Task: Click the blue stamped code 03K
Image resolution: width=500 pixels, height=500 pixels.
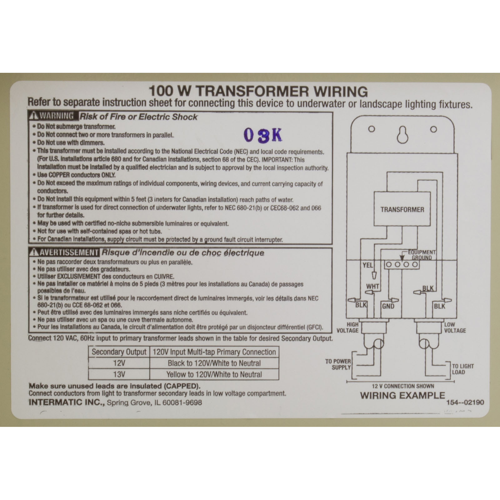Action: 262,135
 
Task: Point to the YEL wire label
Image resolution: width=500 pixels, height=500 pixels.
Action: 368,265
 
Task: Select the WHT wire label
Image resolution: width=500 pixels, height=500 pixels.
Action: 373,286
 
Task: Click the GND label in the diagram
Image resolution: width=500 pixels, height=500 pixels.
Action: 388,306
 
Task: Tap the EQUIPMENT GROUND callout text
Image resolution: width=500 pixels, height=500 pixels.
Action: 422,255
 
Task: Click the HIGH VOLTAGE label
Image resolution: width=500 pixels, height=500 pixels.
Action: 347,327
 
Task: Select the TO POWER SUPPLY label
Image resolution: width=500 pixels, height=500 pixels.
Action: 338,364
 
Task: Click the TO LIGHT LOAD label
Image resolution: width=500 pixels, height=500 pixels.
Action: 463,369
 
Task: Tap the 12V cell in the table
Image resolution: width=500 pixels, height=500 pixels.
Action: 119,363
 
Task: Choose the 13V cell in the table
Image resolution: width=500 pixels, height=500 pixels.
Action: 119,374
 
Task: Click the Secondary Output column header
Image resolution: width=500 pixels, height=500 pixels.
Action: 119,352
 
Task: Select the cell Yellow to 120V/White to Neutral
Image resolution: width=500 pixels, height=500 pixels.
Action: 214,374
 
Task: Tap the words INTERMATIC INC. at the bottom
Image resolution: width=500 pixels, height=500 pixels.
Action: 67,402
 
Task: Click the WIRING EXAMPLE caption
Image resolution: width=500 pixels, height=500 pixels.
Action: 402,395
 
